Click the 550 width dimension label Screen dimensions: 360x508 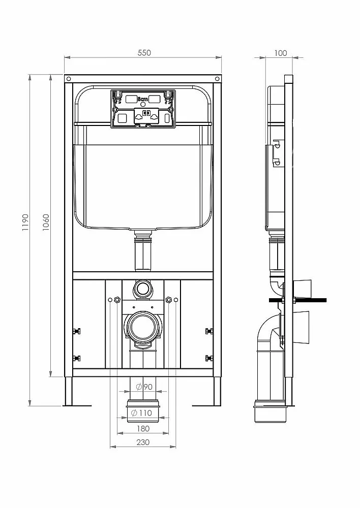coord(144,53)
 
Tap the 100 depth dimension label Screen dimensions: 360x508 coord(281,53)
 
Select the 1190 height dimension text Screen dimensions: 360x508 coord(25,223)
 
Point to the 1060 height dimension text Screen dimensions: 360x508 coord(46,223)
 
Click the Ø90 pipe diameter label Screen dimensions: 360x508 coord(144,387)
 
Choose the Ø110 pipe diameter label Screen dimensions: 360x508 coord(141,413)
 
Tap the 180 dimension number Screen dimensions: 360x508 coord(143,429)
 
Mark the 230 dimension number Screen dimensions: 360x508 coord(143,442)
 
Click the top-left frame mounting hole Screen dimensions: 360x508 coord(68,79)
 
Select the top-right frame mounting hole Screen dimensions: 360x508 coord(217,79)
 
